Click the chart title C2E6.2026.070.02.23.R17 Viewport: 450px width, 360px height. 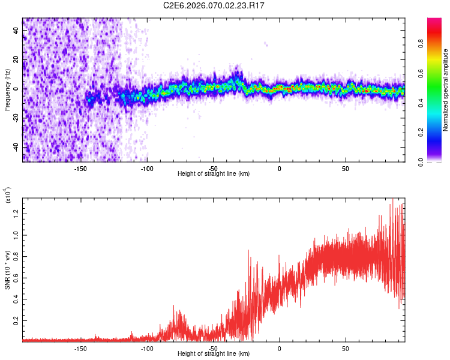214,5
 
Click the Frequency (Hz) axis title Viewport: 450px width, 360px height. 7,89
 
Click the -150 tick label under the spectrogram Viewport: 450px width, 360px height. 81,168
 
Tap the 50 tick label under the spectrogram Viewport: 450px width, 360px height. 345,168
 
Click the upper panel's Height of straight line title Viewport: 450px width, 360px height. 214,174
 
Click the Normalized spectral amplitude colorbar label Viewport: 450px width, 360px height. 446,91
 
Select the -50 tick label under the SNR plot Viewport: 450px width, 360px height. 213,348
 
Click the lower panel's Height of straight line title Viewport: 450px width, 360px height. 214,354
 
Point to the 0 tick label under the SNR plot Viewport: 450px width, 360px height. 279,348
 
